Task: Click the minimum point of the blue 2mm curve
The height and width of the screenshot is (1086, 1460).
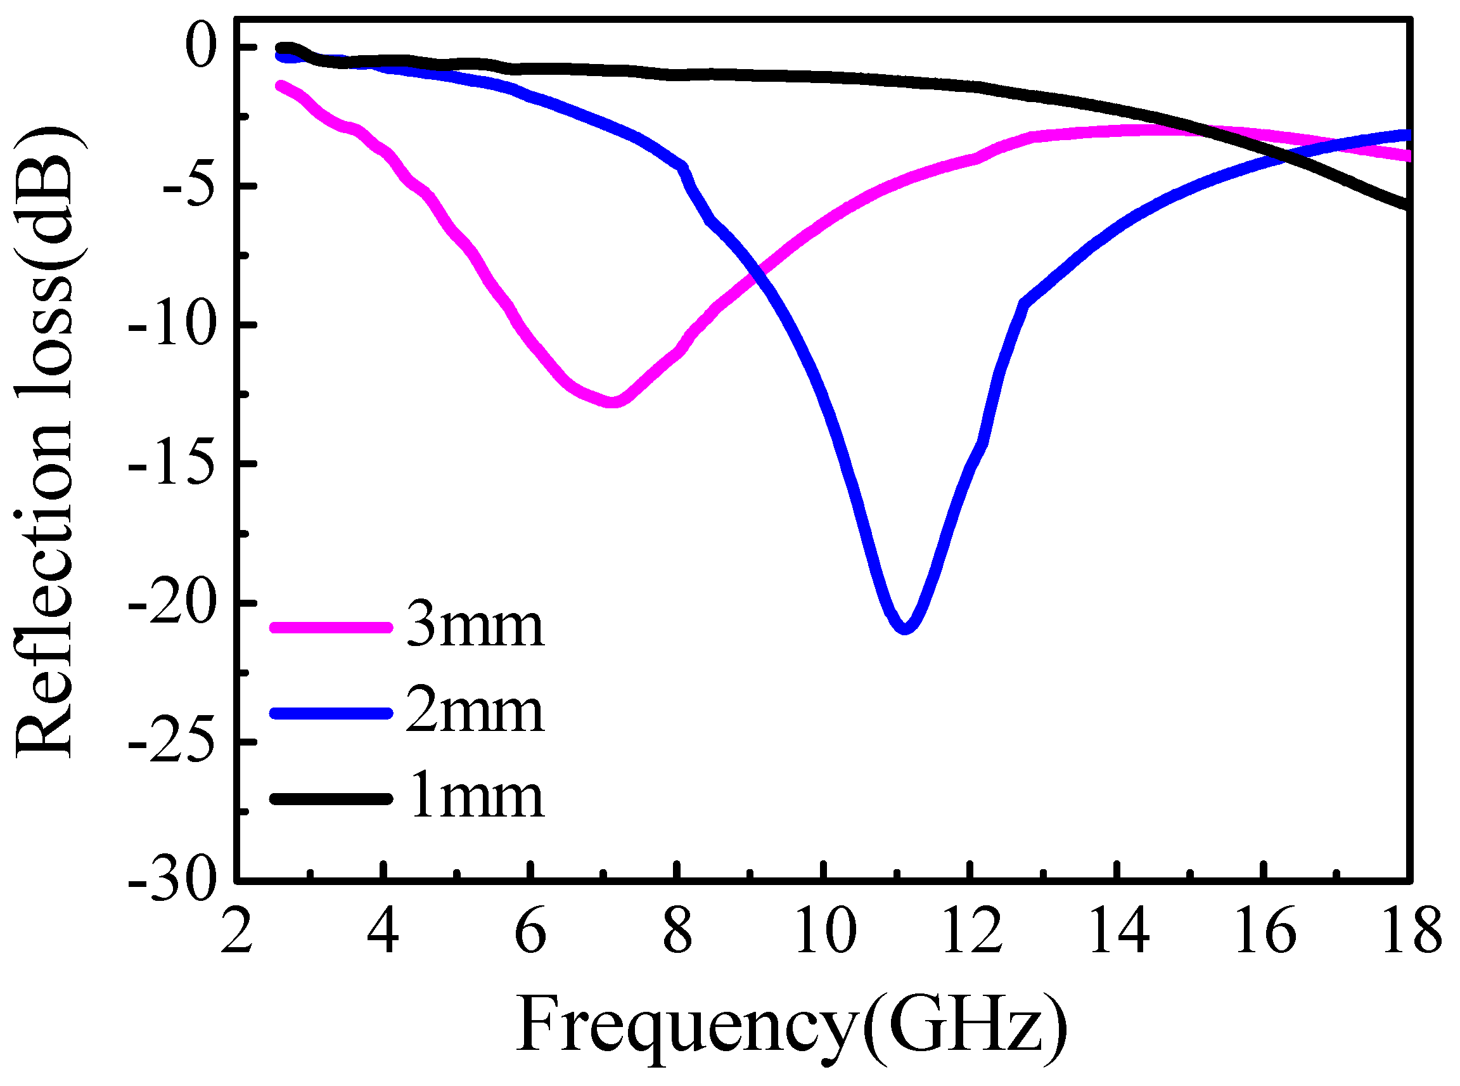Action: pyautogui.click(x=906, y=628)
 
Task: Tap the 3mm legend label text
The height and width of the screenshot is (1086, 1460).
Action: pyautogui.click(x=475, y=625)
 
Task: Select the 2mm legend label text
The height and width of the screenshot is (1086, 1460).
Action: pyautogui.click(x=475, y=711)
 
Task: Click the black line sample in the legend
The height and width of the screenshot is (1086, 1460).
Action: pyautogui.click(x=331, y=799)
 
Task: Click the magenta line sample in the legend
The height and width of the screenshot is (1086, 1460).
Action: pyautogui.click(x=331, y=627)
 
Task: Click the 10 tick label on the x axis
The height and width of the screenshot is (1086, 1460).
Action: pyautogui.click(x=825, y=931)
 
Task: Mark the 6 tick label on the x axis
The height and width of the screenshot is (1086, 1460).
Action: pyautogui.click(x=530, y=931)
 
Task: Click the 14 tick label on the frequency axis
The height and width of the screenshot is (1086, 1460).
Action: pyautogui.click(x=1119, y=931)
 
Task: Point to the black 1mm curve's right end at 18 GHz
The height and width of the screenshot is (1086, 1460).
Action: pyautogui.click(x=1407, y=205)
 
